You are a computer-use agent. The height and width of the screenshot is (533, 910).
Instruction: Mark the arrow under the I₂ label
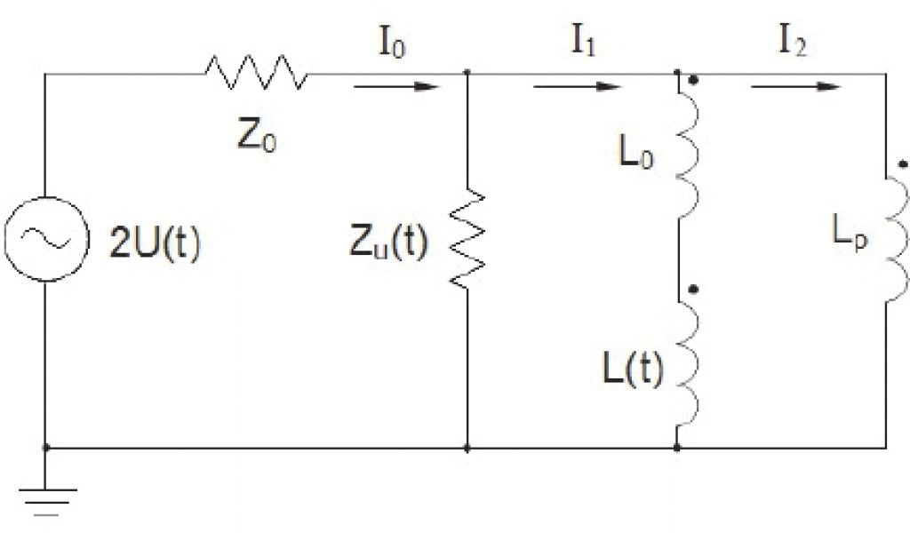796,86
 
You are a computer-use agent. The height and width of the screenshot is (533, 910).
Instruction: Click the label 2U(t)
156,243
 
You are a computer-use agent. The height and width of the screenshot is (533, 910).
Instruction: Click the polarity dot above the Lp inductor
902,163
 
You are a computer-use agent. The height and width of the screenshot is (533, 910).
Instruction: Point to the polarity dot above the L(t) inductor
694,290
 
